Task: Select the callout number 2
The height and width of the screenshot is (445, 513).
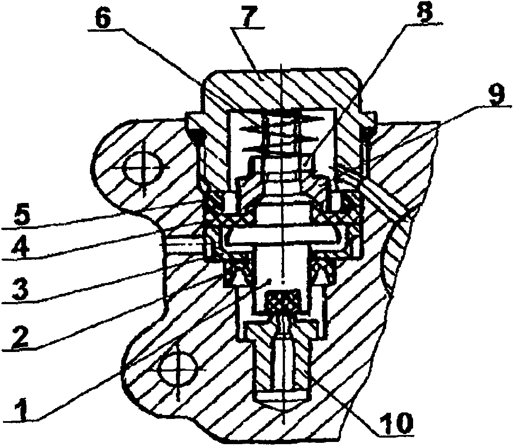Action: (19, 335)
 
